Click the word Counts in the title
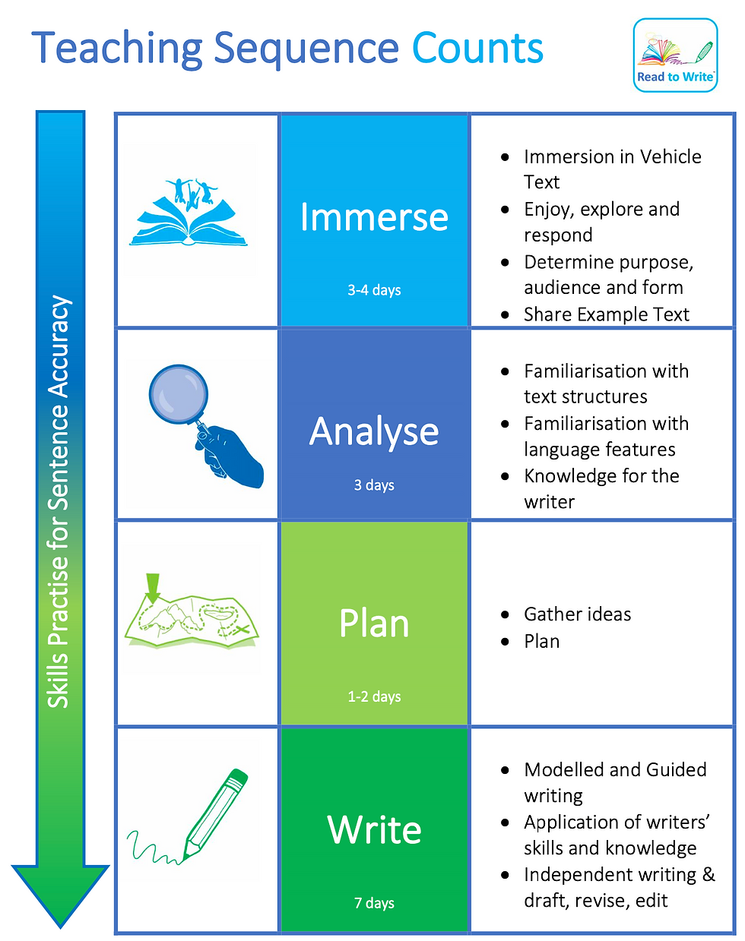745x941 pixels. (477, 48)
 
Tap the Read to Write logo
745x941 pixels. (675, 55)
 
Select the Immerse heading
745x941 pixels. (374, 217)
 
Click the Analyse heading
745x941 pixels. (374, 431)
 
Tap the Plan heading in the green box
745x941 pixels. (374, 624)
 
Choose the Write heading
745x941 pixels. (374, 829)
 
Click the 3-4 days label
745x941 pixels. (374, 290)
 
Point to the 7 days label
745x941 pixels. (374, 903)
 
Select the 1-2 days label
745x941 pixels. (374, 696)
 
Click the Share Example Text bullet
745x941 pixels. (606, 314)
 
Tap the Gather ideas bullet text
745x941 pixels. (577, 614)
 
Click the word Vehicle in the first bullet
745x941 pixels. (660, 156)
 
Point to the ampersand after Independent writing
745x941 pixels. (709, 875)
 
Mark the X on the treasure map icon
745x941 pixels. (241, 630)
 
